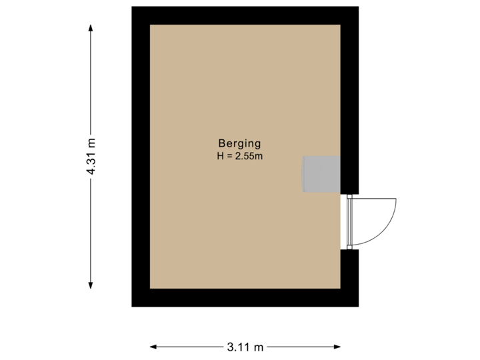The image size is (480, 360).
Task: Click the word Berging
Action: (x=239, y=143)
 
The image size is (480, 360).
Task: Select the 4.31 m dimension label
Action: (x=91, y=156)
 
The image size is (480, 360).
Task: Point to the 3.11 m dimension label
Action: (x=245, y=347)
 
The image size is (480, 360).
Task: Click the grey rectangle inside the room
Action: (x=322, y=174)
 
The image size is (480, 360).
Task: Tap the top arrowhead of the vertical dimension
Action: (x=91, y=27)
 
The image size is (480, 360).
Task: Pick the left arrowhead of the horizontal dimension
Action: (x=153, y=347)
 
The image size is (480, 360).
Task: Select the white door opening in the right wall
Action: (x=350, y=222)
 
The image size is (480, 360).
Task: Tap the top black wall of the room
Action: (x=245, y=15)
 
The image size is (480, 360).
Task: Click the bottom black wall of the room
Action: (x=245, y=297)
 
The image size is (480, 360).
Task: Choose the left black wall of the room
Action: (x=140, y=156)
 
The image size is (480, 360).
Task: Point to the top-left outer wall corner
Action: (x=132, y=8)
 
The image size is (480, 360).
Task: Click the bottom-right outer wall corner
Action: (x=358, y=305)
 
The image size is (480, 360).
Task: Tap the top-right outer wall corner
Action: (x=358, y=8)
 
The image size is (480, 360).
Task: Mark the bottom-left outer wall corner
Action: (x=132, y=305)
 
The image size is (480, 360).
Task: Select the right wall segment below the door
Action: (x=350, y=277)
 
